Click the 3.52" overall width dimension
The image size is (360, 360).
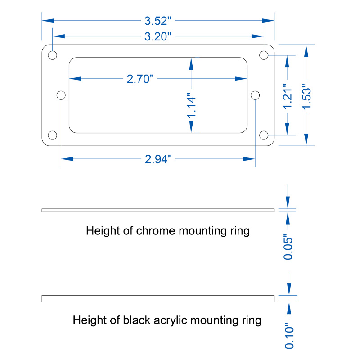point(158,21)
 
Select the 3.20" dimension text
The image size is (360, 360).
point(158,36)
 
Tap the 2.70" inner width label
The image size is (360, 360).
point(140,79)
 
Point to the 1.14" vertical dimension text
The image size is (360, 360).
point(191,106)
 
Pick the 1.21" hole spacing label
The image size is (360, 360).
point(287,96)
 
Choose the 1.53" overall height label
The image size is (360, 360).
point(306,97)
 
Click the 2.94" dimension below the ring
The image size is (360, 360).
point(158,159)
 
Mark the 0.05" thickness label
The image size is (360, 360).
point(288,247)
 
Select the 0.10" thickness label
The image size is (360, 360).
point(289,336)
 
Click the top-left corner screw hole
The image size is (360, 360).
point(52,55)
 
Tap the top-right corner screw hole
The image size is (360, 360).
point(264,55)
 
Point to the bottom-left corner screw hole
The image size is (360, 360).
point(52,135)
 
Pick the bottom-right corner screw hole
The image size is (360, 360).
point(264,135)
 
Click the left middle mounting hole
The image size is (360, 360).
point(61,95)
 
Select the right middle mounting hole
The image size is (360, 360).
point(255,95)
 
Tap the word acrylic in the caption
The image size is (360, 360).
point(171,320)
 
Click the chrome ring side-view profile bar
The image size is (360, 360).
point(158,210)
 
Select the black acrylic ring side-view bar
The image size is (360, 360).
point(158,299)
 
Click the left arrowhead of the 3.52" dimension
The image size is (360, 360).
point(48,21)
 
